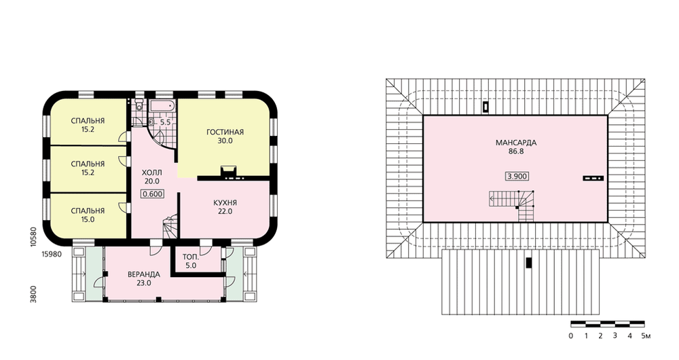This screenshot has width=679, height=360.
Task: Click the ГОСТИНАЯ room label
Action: tap(225, 132)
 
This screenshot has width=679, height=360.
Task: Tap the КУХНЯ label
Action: tap(225, 202)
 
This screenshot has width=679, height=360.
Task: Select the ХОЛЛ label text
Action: tap(152, 173)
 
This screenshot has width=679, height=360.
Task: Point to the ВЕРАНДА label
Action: tap(144, 274)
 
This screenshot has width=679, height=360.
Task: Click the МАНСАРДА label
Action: tap(516, 143)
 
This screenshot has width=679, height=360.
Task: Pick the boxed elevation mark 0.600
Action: tap(152, 194)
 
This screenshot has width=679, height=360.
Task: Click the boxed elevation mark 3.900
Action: tap(517, 177)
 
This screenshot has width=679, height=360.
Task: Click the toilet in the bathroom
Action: tap(139, 105)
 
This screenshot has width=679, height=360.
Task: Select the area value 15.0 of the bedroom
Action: tap(88, 219)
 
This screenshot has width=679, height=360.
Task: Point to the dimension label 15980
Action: tap(52, 254)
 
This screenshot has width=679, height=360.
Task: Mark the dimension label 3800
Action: tap(33, 294)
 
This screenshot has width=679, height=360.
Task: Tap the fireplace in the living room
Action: tap(228, 172)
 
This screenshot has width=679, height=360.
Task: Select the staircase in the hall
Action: tap(170, 227)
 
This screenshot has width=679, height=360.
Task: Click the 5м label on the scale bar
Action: tap(646, 336)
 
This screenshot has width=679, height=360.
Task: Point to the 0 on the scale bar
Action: tap(571, 336)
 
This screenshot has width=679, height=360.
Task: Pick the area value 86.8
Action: tap(516, 151)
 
